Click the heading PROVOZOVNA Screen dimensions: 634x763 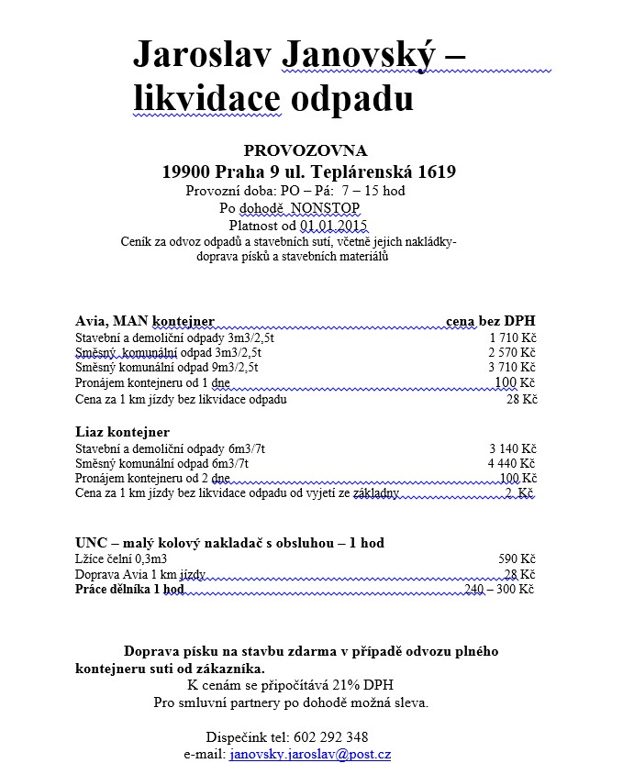point(306,150)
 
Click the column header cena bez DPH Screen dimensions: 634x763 point(490,321)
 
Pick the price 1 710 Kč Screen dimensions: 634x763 point(512,337)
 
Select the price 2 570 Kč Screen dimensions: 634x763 point(512,351)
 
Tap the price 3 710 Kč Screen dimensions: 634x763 point(512,367)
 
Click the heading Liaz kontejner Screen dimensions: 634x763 point(122,432)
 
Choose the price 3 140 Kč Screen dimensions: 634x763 point(512,448)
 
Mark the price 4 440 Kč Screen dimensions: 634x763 point(512,464)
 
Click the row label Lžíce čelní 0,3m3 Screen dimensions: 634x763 point(120,558)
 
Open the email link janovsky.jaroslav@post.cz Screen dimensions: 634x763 point(310,754)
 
